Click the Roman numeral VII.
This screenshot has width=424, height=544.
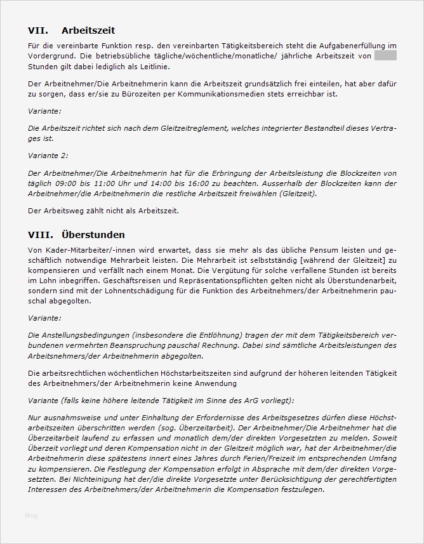[x=39, y=30]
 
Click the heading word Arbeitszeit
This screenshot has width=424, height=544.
[x=88, y=30]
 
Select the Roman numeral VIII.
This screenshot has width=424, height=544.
[x=41, y=234]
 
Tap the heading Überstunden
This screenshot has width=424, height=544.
[x=93, y=234]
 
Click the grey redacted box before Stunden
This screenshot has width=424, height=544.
[x=385, y=56]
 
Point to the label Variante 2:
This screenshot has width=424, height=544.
[x=48, y=155]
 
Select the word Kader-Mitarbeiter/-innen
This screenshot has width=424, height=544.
[x=89, y=251]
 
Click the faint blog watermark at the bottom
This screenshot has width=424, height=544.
[x=31, y=515]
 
